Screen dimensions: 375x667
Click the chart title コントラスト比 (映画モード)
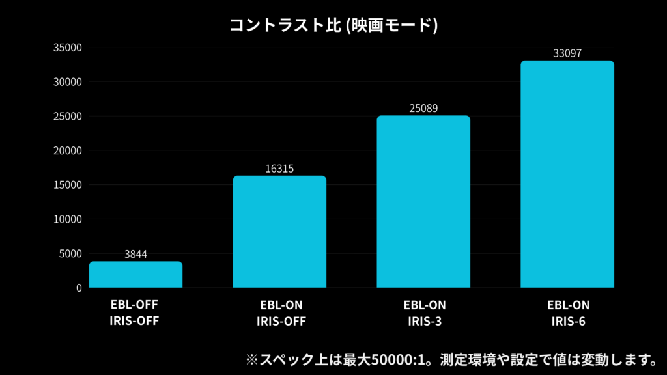coord(333,25)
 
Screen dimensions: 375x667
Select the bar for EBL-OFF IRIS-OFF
coord(135,275)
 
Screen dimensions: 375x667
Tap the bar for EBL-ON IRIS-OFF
coord(279,232)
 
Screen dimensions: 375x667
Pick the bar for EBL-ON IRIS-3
coord(423,202)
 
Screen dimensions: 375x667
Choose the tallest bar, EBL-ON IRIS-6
coord(567,174)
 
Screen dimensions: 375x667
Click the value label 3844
coord(135,254)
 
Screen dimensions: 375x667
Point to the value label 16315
coord(279,169)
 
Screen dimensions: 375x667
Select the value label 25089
coord(423,108)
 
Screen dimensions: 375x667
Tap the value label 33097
coord(567,53)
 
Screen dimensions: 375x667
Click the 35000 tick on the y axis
coord(68,48)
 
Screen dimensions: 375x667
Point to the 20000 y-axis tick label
coord(68,151)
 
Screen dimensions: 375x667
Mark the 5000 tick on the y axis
coord(70,254)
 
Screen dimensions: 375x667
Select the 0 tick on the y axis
coord(79,288)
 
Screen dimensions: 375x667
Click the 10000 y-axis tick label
coord(68,219)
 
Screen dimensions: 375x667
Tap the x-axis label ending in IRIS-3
coord(424,313)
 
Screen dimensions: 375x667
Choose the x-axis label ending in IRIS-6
coord(568,313)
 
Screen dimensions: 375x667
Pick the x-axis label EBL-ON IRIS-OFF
coord(281,313)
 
